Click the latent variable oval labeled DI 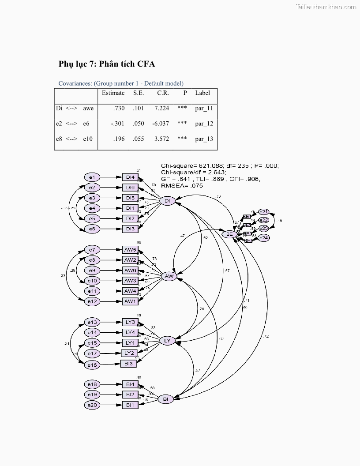[x=167, y=201]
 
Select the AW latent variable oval [x=169, y=277]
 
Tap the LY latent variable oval [x=167, y=341]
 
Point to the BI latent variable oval [x=165, y=399]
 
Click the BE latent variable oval [x=229, y=234]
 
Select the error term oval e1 [x=92, y=177]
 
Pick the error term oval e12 [x=92, y=301]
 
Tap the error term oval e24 [x=263, y=238]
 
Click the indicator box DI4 [x=130, y=177]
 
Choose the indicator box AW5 [x=130, y=250]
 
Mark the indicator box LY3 [x=130, y=322]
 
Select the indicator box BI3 [x=128, y=363]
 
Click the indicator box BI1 [x=130, y=405]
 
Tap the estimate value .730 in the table [x=119, y=108]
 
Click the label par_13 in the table [x=204, y=139]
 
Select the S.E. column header [x=138, y=93]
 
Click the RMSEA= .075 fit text [x=182, y=186]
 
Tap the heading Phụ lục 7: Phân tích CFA [x=107, y=64]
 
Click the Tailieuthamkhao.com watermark [x=326, y=7]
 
